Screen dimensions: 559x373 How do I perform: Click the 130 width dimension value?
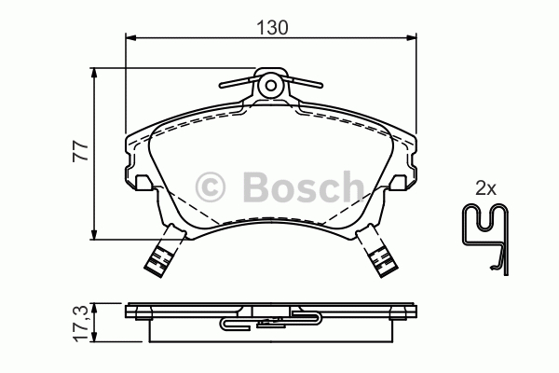[272, 27]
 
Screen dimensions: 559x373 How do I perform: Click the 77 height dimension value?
[80, 151]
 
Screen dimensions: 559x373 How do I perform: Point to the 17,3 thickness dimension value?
[81, 324]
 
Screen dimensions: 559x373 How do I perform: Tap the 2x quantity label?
[485, 187]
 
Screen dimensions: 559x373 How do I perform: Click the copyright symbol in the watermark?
[211, 187]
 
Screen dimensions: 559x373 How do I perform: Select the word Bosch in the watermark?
[304, 186]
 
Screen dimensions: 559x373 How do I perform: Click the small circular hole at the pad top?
[271, 85]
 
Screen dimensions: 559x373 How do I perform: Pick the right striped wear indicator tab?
[381, 259]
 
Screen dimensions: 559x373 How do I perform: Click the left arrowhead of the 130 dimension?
[130, 36]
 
